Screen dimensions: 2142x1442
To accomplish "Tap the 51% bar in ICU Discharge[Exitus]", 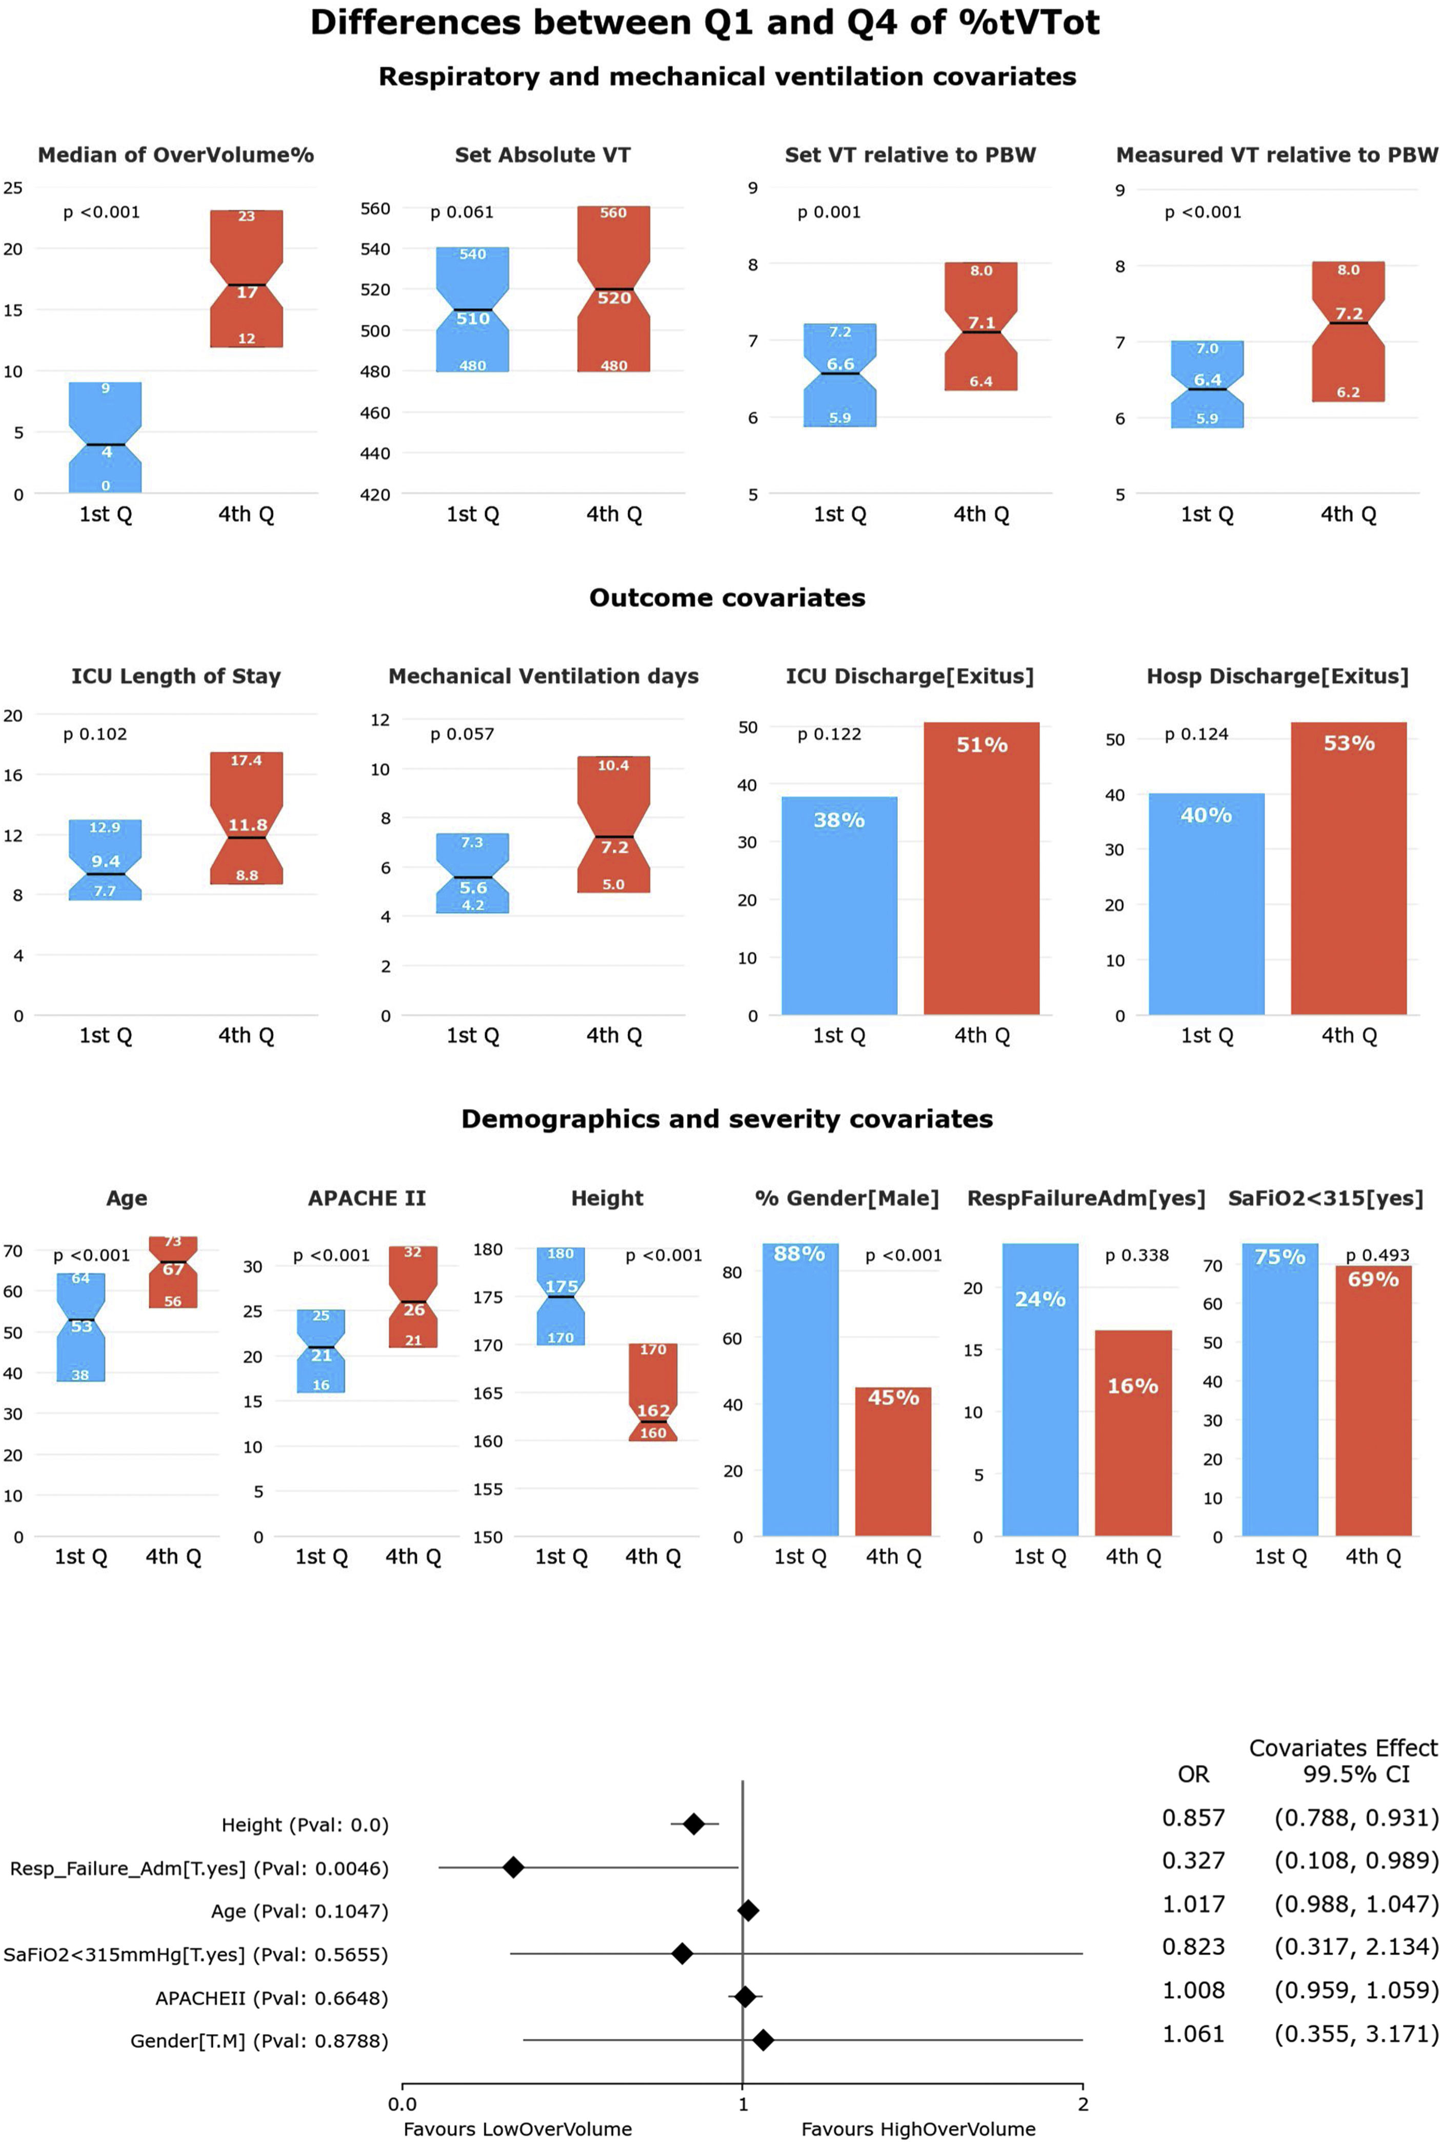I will tap(982, 870).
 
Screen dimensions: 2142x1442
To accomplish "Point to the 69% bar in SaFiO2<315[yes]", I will tap(1373, 1401).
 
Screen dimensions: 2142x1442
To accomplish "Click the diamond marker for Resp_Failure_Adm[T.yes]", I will tap(513, 1867).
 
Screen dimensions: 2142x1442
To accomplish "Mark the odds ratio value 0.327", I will tap(1193, 1859).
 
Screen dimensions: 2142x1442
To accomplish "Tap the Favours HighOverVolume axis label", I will tap(918, 2128).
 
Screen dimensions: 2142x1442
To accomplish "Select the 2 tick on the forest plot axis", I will tap(1083, 2104).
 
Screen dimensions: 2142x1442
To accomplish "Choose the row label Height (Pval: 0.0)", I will tap(305, 1824).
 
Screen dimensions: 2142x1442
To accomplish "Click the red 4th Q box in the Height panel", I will tap(653, 1391).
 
